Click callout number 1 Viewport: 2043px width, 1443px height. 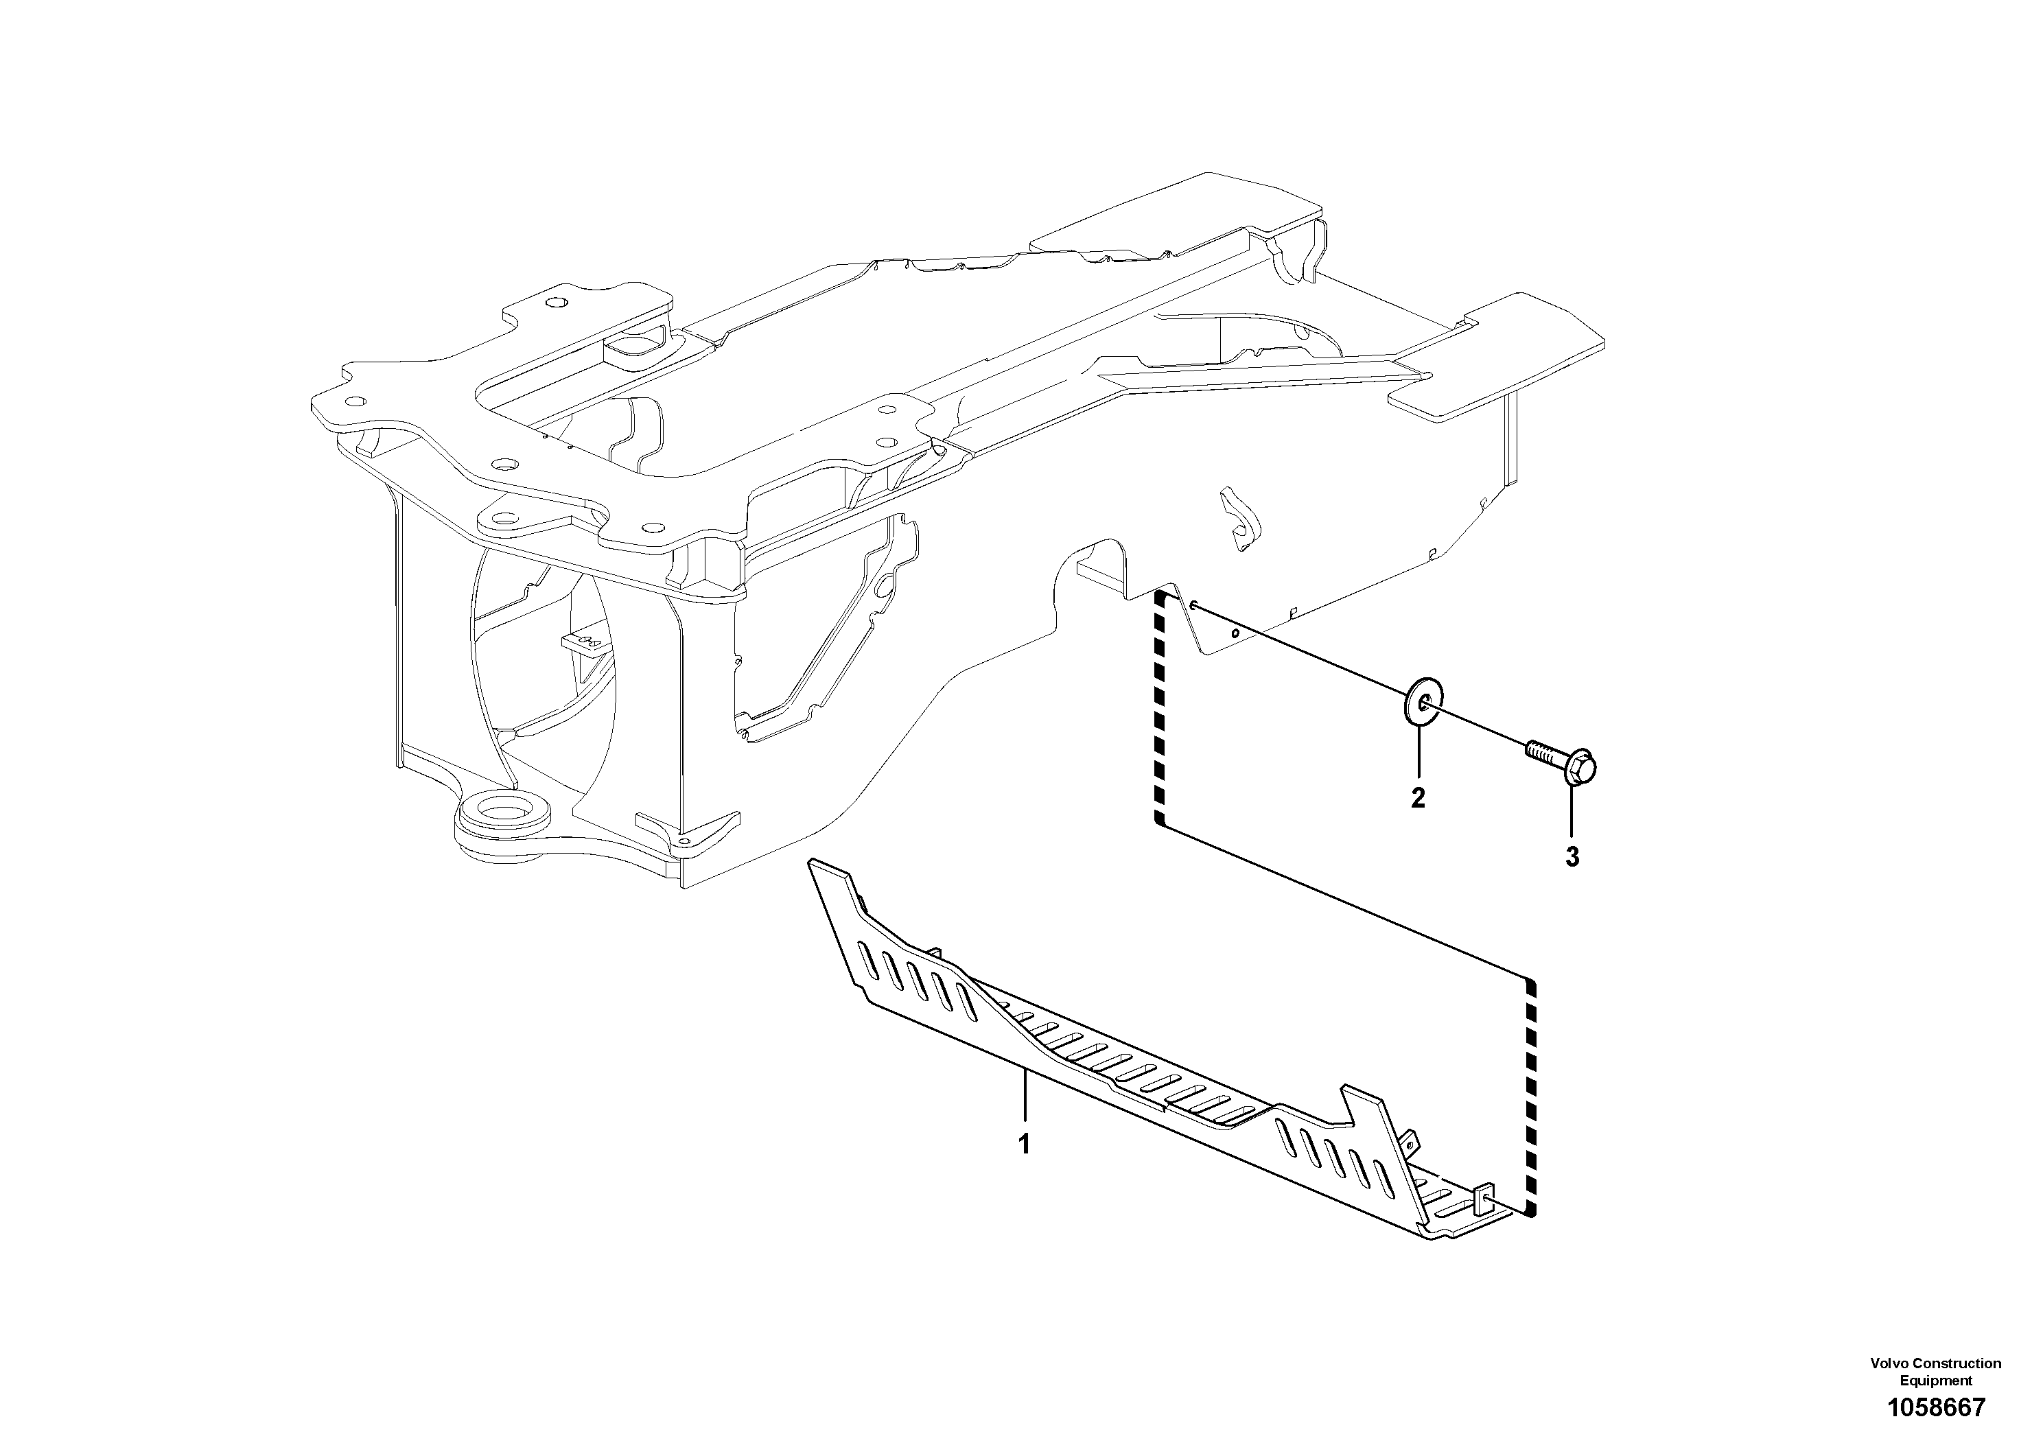(x=1024, y=1144)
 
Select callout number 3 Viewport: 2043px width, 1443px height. (x=1573, y=857)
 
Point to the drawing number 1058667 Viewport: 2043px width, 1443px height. (x=1935, y=1407)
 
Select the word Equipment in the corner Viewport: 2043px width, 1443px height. (x=1936, y=1381)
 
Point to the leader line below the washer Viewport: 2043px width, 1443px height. (x=1419, y=756)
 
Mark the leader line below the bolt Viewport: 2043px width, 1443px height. (x=1573, y=814)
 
